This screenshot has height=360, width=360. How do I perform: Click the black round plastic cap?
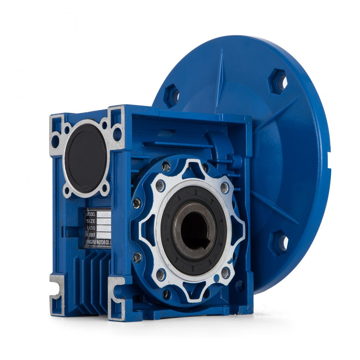(86, 158)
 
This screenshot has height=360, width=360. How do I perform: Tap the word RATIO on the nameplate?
(90, 228)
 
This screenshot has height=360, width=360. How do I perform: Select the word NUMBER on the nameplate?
(91, 235)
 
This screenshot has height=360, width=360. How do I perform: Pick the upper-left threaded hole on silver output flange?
(161, 186)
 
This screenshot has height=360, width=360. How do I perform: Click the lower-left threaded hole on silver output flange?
(161, 274)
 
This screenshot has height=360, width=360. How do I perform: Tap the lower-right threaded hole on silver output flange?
(225, 273)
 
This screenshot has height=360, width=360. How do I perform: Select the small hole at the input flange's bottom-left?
(68, 191)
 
